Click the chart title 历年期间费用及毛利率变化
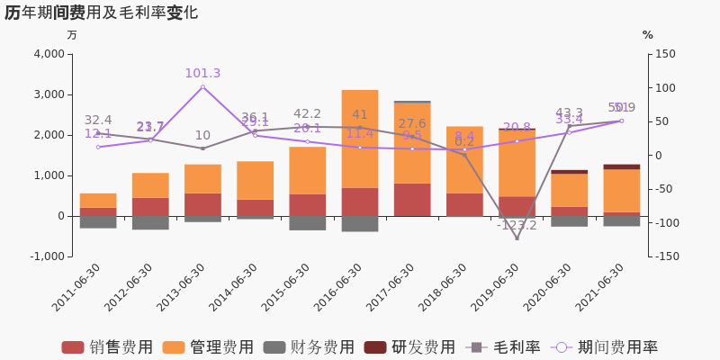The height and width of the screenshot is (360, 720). (x=101, y=13)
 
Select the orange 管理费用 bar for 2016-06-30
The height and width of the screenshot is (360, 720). (x=359, y=139)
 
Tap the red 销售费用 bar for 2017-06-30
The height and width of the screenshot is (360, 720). (x=411, y=199)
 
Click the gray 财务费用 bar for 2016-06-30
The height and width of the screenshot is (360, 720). (x=359, y=223)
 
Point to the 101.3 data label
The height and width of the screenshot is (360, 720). (x=202, y=74)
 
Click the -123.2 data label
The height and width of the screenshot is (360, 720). (x=517, y=226)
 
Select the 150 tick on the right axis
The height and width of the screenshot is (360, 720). (x=665, y=54)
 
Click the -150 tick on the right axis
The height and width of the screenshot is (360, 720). (x=667, y=256)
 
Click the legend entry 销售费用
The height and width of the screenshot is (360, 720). (x=107, y=347)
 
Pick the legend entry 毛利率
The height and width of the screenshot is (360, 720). (x=503, y=347)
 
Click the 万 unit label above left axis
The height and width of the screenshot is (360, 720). (x=72, y=35)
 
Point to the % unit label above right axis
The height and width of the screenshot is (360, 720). (x=647, y=35)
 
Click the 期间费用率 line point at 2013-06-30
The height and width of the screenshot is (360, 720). (x=202, y=87)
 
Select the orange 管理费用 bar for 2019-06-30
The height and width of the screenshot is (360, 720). (x=517, y=163)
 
